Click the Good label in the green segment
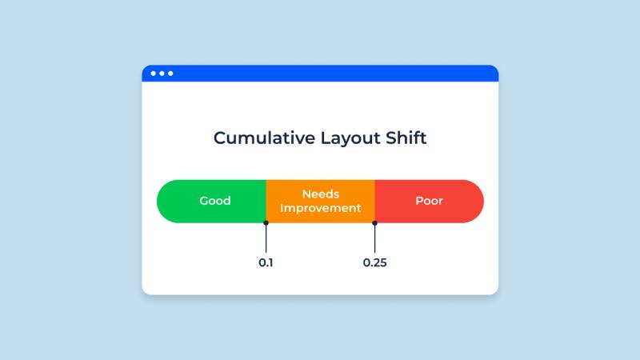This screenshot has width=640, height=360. (215, 201)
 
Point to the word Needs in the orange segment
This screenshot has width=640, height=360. (320, 194)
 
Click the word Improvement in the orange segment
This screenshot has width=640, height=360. (320, 208)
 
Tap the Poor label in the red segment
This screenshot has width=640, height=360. (429, 201)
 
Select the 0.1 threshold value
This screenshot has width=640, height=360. (266, 262)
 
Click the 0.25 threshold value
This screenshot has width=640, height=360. (374, 262)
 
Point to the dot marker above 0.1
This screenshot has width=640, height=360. (266, 223)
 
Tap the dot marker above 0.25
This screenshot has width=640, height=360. (374, 223)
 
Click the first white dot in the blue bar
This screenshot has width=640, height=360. (153, 74)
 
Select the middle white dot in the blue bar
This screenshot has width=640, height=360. (162, 74)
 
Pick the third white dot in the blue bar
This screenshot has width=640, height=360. (170, 74)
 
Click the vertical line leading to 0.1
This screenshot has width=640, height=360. (266, 238)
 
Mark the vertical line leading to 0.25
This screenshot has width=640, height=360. (374, 238)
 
